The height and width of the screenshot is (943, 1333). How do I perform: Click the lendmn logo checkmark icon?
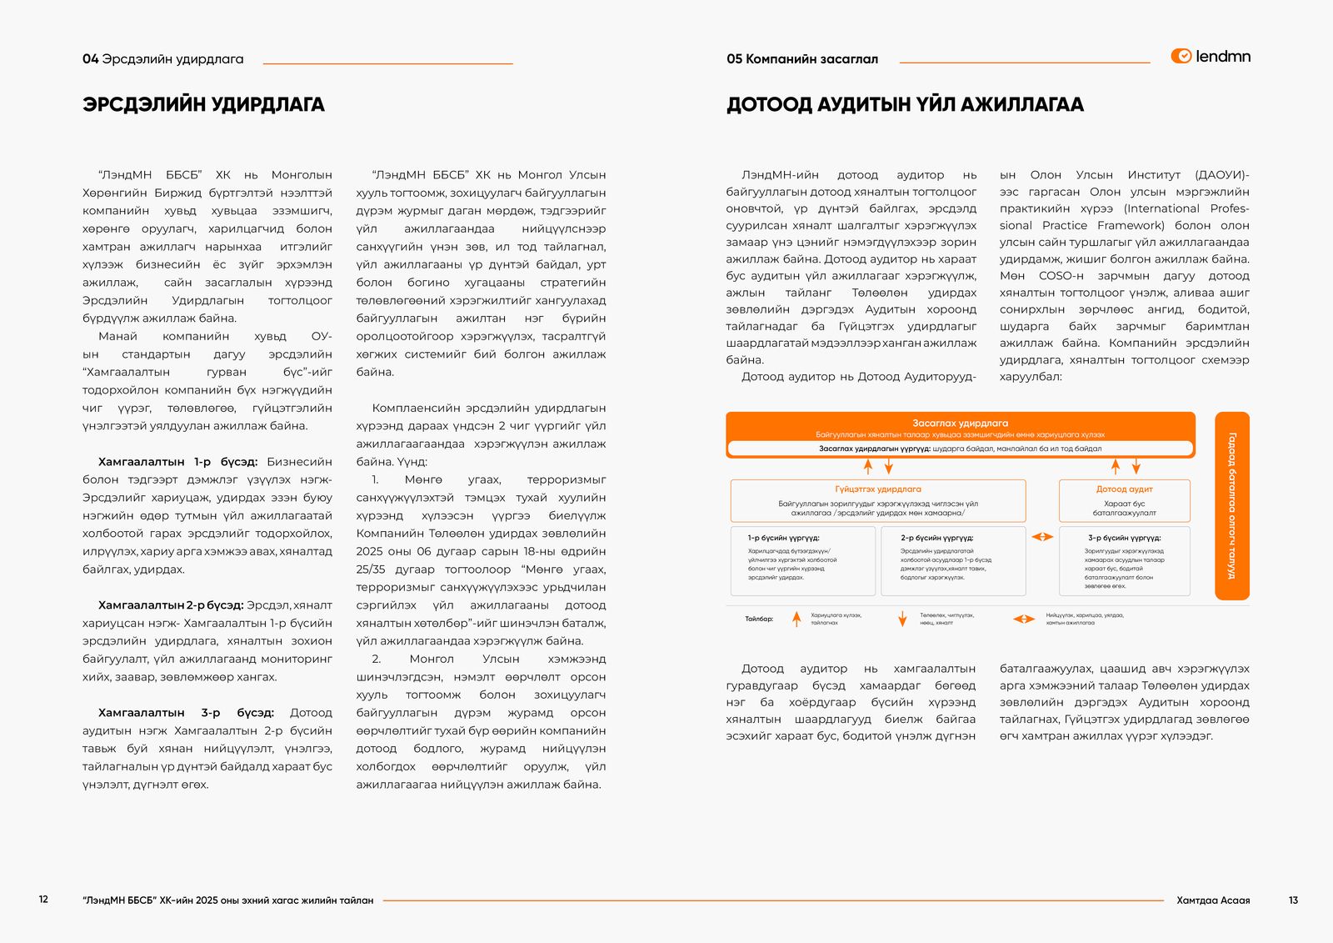pos(1181,56)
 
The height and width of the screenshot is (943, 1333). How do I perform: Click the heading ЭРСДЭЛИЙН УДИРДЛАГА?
pos(203,104)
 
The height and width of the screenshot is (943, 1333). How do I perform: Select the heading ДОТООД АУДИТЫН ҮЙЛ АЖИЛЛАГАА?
pos(905,104)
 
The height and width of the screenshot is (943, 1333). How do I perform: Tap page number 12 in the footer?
pos(43,899)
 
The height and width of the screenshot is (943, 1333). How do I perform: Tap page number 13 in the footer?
pos(1293,900)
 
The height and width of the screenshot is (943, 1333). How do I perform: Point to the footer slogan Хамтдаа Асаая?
pos(1213,900)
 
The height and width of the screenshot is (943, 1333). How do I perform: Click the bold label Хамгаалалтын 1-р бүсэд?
pos(177,461)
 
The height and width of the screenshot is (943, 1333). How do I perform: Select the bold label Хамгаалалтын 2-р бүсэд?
pos(171,604)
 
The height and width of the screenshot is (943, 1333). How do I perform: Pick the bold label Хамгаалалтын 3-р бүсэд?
pos(186,712)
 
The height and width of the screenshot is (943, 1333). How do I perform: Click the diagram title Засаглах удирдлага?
pos(960,423)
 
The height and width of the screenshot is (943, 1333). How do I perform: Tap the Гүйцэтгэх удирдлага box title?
pos(878,489)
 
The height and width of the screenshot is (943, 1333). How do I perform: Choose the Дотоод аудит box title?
pos(1124,489)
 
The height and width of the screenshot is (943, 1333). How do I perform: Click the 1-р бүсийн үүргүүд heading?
pos(783,538)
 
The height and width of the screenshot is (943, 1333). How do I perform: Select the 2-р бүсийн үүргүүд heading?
pos(936,538)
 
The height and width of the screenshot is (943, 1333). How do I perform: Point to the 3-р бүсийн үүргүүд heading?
pos(1124,538)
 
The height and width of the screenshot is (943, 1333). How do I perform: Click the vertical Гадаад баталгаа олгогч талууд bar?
pos(1232,505)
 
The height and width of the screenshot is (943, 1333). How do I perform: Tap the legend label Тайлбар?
pos(759,619)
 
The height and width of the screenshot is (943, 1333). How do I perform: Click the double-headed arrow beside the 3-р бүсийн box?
pos(1042,537)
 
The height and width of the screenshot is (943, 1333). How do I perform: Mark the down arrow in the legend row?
pos(902,619)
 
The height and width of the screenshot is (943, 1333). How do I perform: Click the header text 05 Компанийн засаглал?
pos(801,59)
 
